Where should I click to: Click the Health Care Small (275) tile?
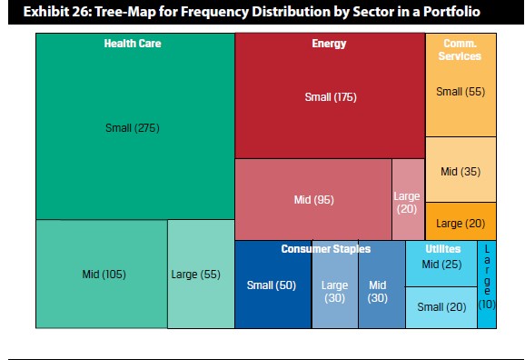(135, 126)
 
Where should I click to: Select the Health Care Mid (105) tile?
(102, 274)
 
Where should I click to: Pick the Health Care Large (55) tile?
(201, 274)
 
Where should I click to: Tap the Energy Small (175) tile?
(330, 95)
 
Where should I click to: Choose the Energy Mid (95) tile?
(313, 199)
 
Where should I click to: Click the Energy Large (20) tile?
(409, 199)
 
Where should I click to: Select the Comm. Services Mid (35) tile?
(461, 170)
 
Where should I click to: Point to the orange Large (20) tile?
(461, 221)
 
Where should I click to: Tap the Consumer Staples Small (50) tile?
(273, 285)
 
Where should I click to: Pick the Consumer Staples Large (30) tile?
(335, 285)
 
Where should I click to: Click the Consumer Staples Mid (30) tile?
(381, 285)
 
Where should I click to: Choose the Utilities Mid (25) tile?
(441, 264)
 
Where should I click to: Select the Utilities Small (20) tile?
(441, 307)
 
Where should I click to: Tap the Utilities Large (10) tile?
(487, 285)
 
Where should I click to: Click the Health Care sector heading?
(133, 44)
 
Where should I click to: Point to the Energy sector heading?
(329, 44)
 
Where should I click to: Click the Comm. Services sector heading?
(460, 50)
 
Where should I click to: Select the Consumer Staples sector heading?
(326, 249)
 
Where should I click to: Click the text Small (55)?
(461, 92)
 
